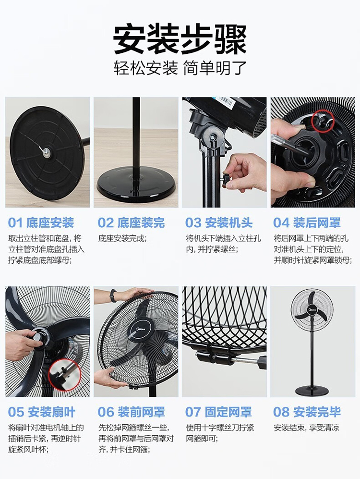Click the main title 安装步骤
180,39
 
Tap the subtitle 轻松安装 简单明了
180,68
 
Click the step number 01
15,223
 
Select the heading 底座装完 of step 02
141,223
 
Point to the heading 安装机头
229,223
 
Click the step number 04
281,223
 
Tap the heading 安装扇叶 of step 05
51,412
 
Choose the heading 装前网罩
141,412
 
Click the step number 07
192,412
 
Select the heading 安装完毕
317,412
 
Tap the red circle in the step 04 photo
323,121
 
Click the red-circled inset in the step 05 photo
64,375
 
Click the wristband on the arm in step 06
113,295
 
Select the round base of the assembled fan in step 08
312,390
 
